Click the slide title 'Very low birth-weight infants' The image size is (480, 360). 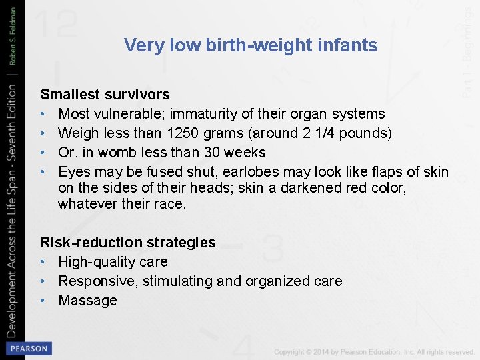tap(251, 45)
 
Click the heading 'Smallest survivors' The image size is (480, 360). tap(105, 95)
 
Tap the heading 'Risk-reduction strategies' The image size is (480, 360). tap(128, 243)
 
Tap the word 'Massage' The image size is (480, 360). tap(87, 301)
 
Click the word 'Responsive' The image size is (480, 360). tap(97, 281)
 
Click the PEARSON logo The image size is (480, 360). tap(28, 349)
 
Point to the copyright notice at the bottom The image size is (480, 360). tap(373, 351)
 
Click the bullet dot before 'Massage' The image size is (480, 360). tap(44, 301)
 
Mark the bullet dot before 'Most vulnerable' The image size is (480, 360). tap(44, 114)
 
